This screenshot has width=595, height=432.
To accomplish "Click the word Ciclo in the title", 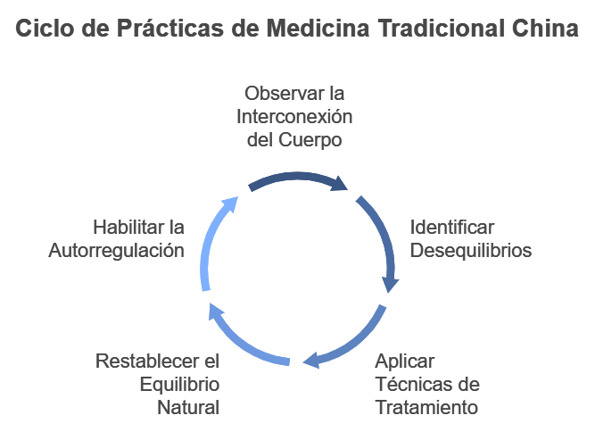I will coord(44,29).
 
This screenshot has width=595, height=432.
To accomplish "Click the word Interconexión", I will coord(294,117).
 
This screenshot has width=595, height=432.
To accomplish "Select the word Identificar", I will coord(451,227).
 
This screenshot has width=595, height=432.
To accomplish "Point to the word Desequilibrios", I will coord(471,250).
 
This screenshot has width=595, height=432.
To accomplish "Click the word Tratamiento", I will coord(426,408).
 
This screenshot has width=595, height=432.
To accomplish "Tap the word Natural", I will coord(188,408).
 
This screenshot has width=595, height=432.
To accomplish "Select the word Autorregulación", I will coord(117,250).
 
